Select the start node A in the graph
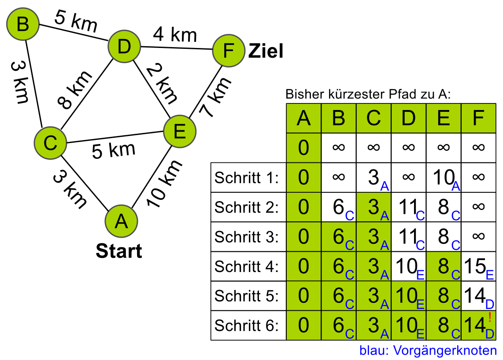(121, 221)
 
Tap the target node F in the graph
(228, 51)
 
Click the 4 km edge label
(175, 34)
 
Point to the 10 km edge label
(164, 184)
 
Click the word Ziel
(266, 51)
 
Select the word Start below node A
(119, 251)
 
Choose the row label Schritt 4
(247, 267)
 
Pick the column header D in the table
(408, 118)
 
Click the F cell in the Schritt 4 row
(478, 267)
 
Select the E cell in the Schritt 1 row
(444, 178)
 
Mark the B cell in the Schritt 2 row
(339, 207)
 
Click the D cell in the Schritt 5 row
(408, 296)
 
